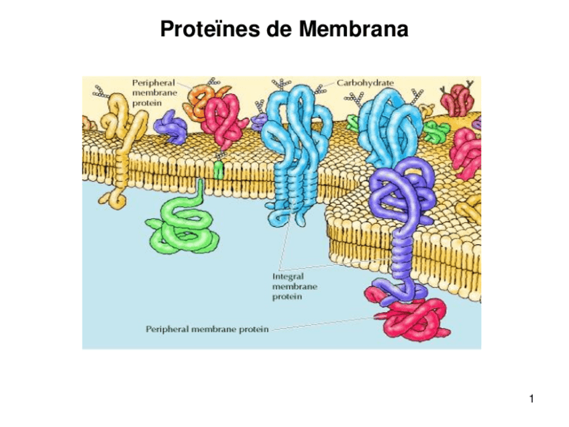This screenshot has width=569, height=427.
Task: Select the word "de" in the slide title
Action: [x=274, y=30]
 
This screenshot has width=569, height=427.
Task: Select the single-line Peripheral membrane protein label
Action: [x=207, y=329]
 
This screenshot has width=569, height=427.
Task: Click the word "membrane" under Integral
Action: [x=294, y=285]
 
